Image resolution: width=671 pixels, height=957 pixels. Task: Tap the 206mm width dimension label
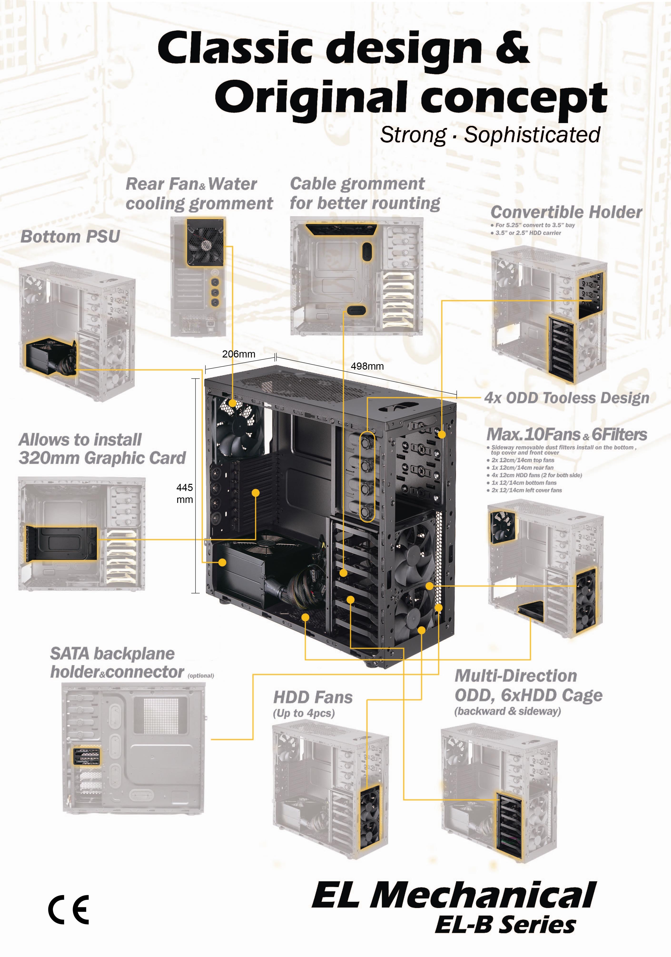[x=238, y=354]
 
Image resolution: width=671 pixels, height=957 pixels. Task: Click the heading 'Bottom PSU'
[x=70, y=236]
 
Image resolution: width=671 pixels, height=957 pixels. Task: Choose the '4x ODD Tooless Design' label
[x=566, y=398]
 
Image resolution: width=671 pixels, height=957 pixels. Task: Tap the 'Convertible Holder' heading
[x=566, y=212]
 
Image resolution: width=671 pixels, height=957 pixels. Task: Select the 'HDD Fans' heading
[x=313, y=697]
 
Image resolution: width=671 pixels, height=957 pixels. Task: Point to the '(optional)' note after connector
[x=201, y=676]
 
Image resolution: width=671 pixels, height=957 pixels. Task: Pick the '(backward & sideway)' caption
[x=507, y=711]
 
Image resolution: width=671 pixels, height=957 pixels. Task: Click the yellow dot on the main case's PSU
[x=222, y=563]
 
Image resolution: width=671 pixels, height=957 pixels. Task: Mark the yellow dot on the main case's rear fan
[x=232, y=403]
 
